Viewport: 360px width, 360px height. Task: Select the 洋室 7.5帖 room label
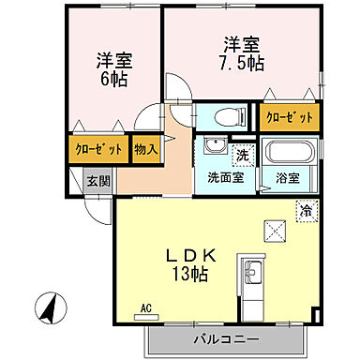pyautogui.click(x=239, y=53)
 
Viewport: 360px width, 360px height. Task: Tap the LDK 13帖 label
pyautogui.click(x=192, y=264)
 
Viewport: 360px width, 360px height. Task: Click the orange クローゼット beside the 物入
pyautogui.click(x=97, y=148)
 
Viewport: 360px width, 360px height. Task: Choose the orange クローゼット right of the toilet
pyautogui.click(x=285, y=118)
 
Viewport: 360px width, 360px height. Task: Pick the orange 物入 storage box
pyautogui.click(x=145, y=148)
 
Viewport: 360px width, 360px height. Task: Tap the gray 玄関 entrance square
pyautogui.click(x=97, y=180)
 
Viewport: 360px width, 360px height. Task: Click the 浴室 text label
pyautogui.click(x=288, y=176)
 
